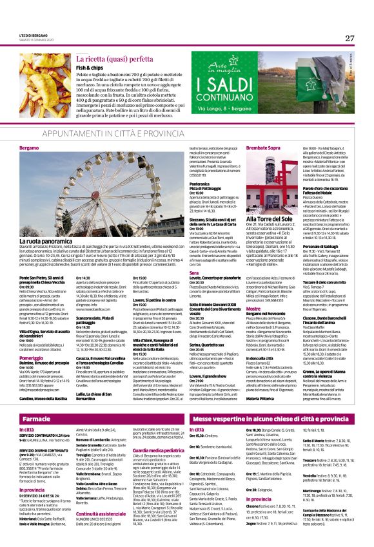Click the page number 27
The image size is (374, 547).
pyautogui.click(x=349, y=38)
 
